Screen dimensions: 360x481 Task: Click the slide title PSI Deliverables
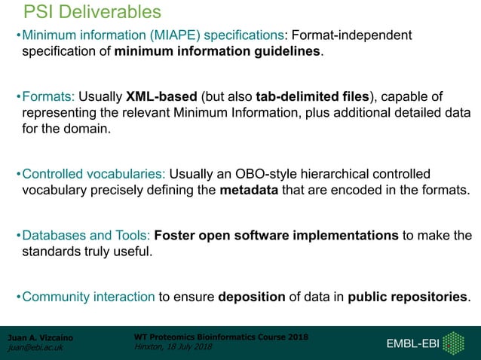92,12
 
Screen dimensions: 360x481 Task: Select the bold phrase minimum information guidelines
218,52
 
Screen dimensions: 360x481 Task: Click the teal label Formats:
47,96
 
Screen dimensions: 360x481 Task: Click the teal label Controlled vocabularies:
93,174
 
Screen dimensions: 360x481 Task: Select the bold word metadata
250,190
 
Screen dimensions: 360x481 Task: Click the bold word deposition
251,296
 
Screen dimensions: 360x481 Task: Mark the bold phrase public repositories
408,296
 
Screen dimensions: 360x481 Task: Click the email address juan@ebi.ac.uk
35,348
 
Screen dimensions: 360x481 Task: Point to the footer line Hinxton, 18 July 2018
173,346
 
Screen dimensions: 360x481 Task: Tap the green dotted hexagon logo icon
453,343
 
